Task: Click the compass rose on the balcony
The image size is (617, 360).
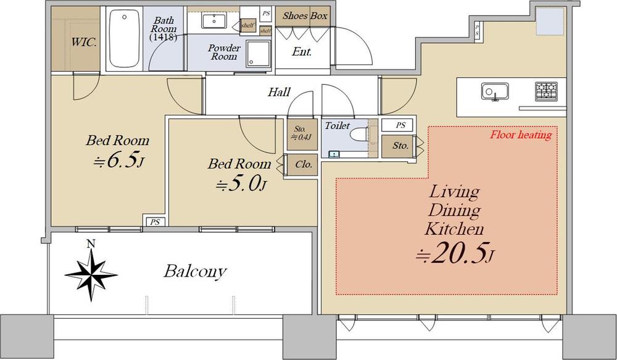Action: tap(91, 275)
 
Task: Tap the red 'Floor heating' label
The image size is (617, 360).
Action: tap(521, 135)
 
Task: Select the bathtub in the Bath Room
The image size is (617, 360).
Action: tap(125, 39)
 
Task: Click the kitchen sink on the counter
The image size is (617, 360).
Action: tap(495, 92)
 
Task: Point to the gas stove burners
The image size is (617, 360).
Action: tap(546, 91)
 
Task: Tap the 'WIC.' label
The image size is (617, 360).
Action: tap(84, 42)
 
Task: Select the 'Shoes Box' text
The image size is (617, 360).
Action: tap(305, 16)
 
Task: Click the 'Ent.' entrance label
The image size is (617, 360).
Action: tap(302, 52)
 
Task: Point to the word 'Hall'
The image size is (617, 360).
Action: tap(279, 92)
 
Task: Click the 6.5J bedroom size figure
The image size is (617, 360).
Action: tap(118, 161)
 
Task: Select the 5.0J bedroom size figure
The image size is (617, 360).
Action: tap(241, 184)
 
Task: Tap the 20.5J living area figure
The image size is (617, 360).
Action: tap(455, 254)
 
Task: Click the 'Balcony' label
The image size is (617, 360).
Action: tap(195, 271)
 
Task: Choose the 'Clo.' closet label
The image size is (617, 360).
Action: tap(304, 164)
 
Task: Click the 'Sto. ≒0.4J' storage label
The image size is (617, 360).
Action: tap(301, 133)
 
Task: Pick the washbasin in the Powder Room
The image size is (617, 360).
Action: tap(213, 20)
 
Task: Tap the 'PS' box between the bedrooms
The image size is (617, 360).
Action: tap(155, 222)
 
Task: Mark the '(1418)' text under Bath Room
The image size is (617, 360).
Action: tap(163, 38)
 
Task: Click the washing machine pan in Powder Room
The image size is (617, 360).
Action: tap(258, 53)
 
